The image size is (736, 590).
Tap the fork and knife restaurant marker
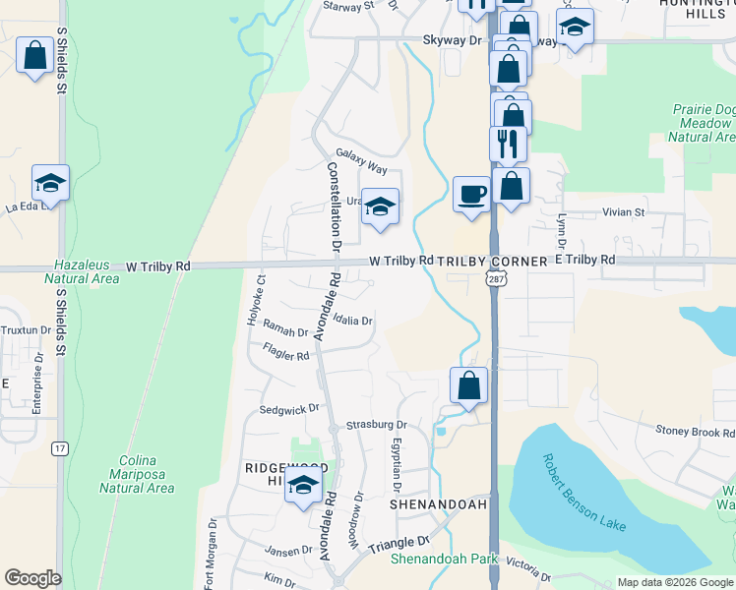pos(509,144)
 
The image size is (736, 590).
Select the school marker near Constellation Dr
pos(380,206)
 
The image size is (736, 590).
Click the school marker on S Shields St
pos(50,183)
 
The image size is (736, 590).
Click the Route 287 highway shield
pos(493,280)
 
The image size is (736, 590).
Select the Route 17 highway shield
pos(60,448)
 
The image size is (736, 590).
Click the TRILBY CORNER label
pos(491,261)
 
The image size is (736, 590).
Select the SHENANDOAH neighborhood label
pos(438,503)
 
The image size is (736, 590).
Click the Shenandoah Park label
pos(444,560)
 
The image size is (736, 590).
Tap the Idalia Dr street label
pos(353,321)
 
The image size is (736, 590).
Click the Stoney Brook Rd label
pos(695,432)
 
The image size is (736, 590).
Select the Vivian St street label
pos(624,211)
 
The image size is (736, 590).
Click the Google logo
pos(32,578)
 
